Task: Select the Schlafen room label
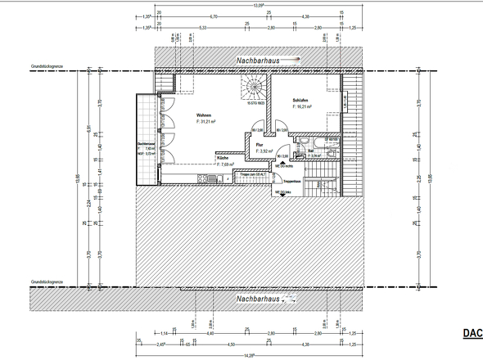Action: click(302, 101)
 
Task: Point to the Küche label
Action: click(222, 158)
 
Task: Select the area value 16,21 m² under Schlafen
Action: click(305, 106)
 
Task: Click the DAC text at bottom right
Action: click(472, 333)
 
